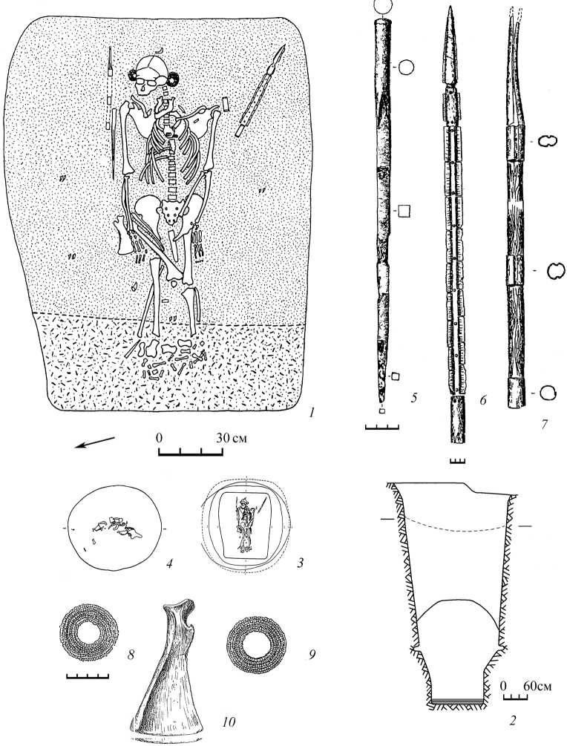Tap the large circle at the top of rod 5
click(384, 7)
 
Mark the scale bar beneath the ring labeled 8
click(87, 675)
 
